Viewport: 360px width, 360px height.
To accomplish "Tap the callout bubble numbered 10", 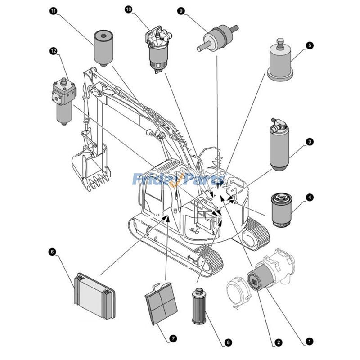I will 129,9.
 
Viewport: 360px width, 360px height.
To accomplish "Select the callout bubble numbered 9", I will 181,11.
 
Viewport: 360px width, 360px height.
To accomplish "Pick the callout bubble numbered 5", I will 310,45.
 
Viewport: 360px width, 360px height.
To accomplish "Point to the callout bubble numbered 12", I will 54,51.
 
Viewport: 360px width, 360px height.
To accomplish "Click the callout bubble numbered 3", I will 310,141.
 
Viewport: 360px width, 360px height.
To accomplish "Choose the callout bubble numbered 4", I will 310,197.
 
